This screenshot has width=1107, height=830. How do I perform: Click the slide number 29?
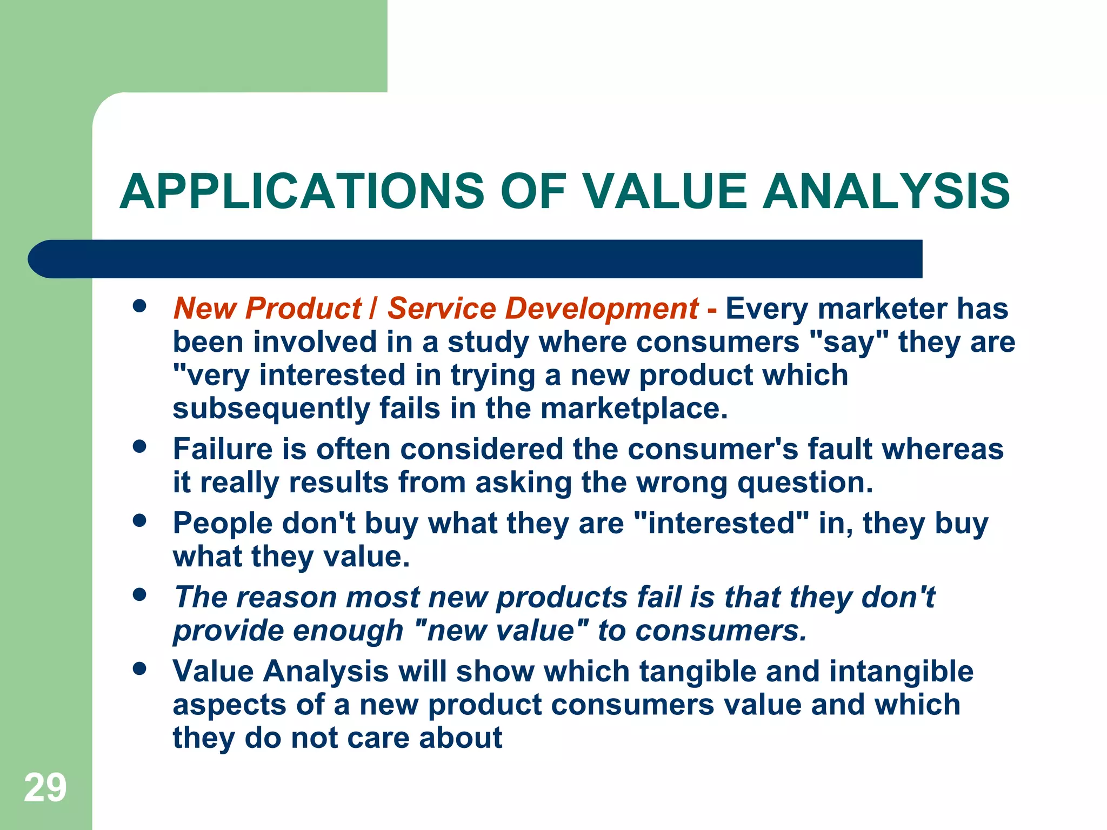click(45, 788)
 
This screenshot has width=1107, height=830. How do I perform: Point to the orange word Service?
click(441, 309)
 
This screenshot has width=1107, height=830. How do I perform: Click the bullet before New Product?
click(139, 306)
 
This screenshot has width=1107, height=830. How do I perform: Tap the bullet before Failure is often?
click(139, 447)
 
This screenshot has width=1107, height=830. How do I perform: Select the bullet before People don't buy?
click(139, 521)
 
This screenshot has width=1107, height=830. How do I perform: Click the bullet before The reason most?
click(139, 595)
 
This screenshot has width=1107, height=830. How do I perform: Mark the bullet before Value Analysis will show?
click(139, 669)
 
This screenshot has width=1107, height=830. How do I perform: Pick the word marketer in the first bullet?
click(883, 309)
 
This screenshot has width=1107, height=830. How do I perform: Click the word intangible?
click(901, 671)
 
